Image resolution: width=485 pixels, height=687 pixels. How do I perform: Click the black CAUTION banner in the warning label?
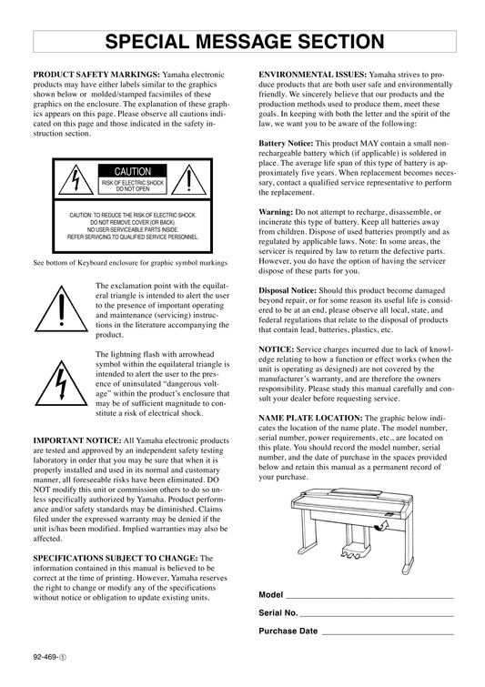click(x=132, y=171)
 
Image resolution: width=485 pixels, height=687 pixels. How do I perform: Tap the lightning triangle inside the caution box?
click(x=76, y=179)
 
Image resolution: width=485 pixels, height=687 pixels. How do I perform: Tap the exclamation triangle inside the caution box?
click(x=188, y=179)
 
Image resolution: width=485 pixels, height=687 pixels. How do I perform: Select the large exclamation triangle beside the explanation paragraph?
click(x=61, y=308)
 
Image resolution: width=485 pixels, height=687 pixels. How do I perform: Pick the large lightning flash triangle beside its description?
click(x=61, y=383)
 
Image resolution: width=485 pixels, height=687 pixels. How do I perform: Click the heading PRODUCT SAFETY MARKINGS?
click(x=96, y=75)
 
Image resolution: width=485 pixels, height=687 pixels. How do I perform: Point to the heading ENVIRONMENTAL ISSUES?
click(x=312, y=75)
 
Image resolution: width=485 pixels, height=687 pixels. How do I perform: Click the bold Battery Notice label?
click(x=286, y=143)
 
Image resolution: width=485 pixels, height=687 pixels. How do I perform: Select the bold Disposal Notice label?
click(x=288, y=290)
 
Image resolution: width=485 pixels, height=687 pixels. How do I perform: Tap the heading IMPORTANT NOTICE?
click(x=77, y=440)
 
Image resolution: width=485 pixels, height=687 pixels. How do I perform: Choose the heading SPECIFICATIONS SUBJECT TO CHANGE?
click(x=116, y=558)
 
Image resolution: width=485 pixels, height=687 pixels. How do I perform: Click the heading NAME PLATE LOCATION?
click(x=310, y=418)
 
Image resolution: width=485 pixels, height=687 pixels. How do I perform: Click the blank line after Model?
click(x=369, y=598)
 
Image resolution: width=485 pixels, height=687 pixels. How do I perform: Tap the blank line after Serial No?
click(x=377, y=616)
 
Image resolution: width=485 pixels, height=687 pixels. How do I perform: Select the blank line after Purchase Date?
click(x=388, y=634)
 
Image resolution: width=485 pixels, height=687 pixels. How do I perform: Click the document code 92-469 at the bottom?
click(x=49, y=657)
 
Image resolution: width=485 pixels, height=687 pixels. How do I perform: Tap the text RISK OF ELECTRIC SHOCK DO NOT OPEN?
click(x=132, y=187)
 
